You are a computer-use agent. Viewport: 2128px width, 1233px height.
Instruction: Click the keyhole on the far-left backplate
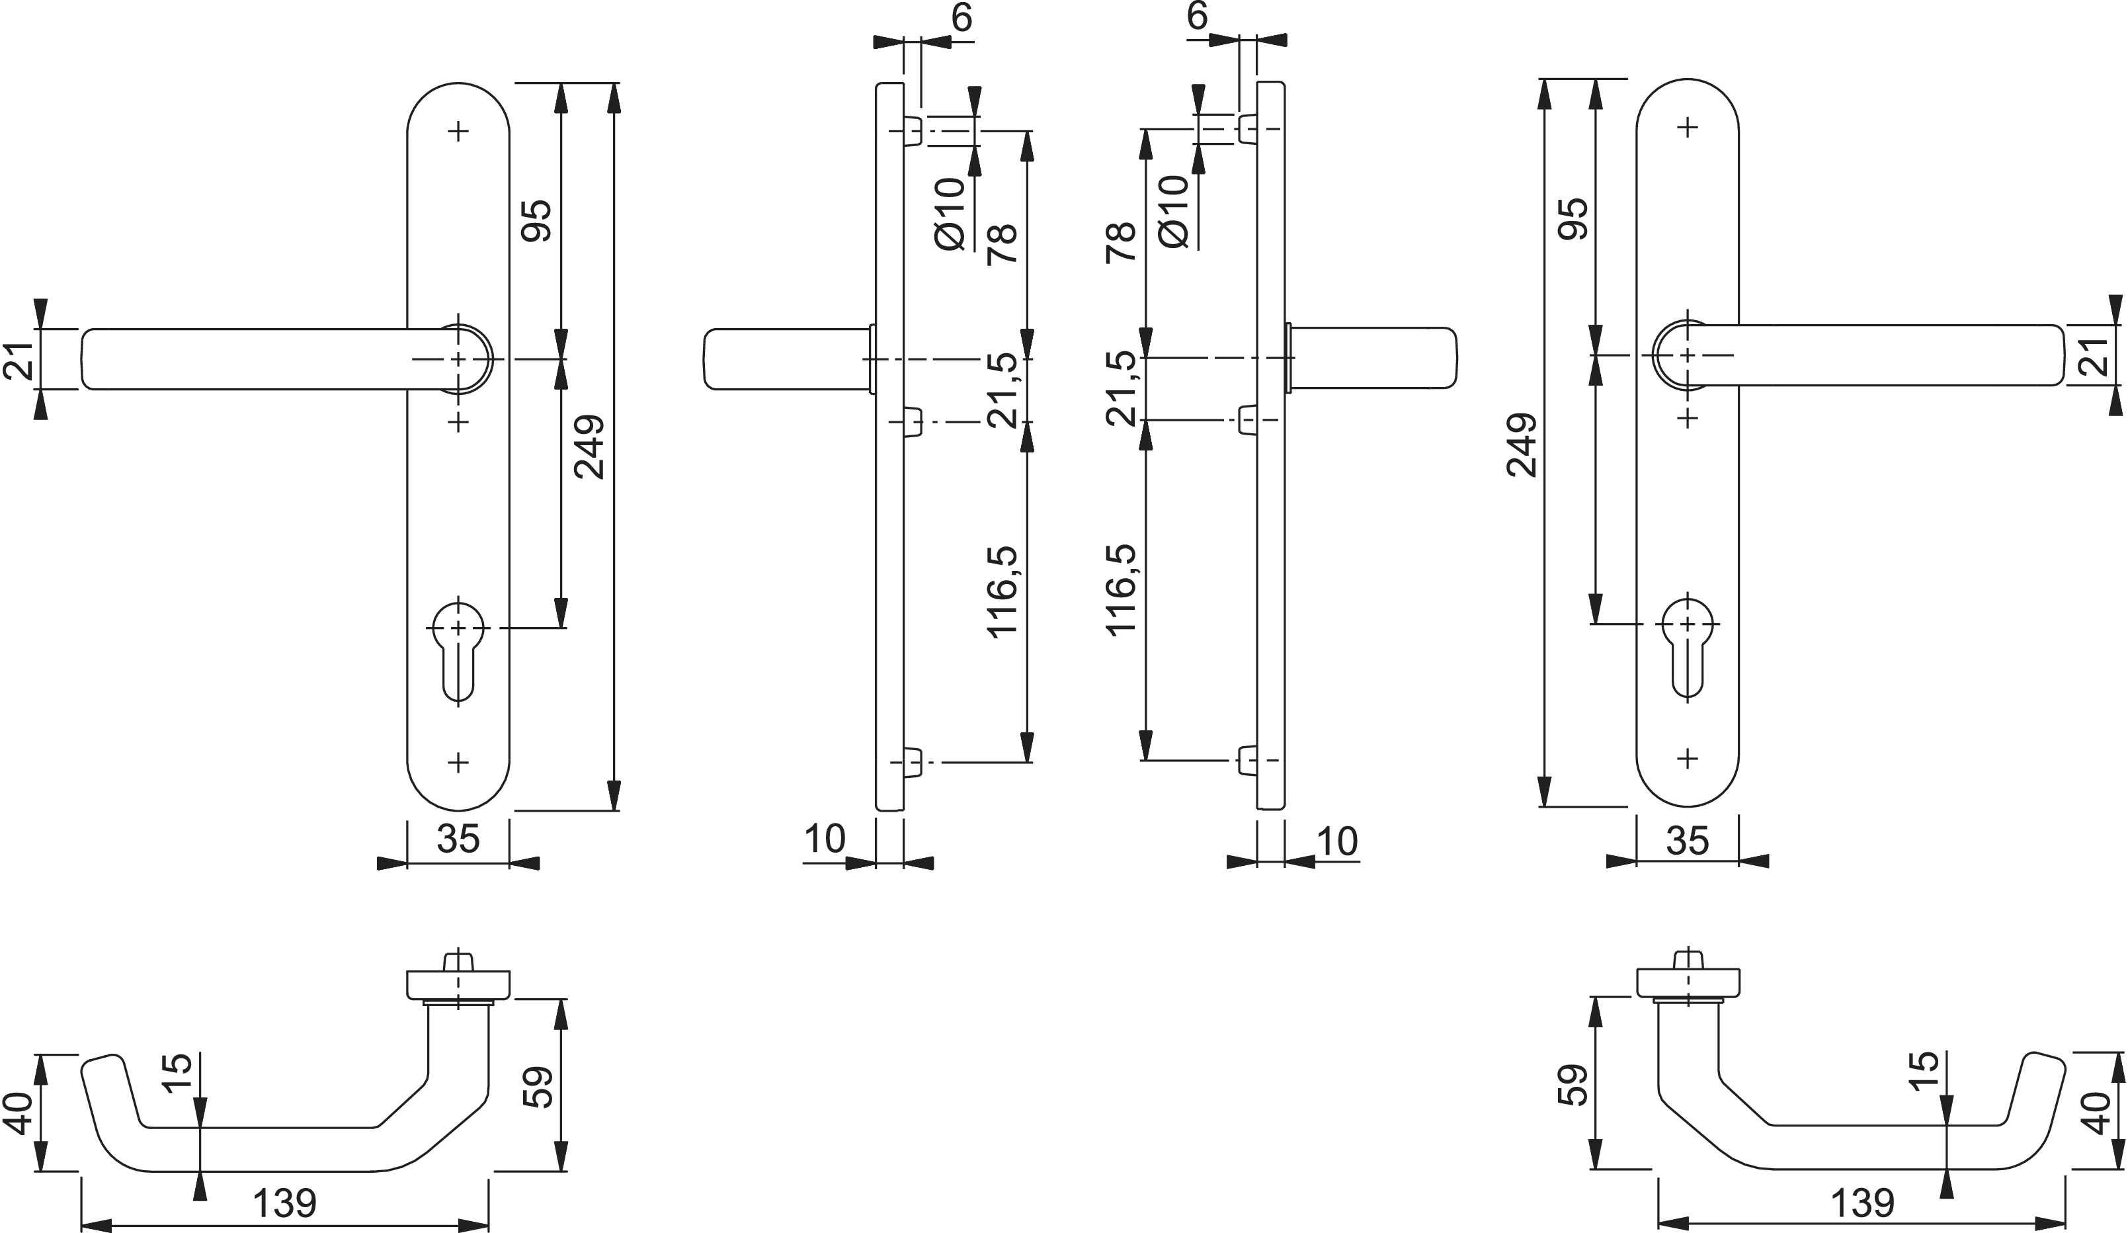point(458,654)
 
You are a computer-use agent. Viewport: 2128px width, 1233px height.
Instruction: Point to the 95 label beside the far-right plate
point(1573,219)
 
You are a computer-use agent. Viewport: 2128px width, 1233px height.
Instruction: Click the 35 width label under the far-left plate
point(458,839)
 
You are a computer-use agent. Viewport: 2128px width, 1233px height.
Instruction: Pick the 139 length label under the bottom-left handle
point(284,1203)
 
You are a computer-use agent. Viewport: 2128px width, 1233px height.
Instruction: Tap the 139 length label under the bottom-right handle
point(1862,1203)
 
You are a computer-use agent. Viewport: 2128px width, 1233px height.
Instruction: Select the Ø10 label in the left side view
point(951,214)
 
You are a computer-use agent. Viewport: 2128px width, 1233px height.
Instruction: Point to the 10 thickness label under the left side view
point(825,839)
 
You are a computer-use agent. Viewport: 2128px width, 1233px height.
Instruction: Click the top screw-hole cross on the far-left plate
point(458,132)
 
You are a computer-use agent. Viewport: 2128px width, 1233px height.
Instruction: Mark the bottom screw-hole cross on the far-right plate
point(1687,758)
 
